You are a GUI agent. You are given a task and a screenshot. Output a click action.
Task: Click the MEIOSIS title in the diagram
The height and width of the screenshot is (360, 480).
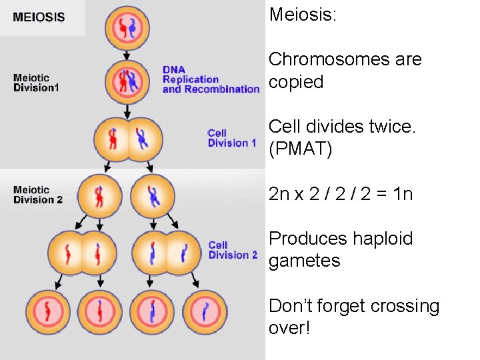click(x=39, y=17)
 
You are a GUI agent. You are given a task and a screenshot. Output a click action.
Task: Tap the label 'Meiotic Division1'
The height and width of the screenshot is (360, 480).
click(x=36, y=83)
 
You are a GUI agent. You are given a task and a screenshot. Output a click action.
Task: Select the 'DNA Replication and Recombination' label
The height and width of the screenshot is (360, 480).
click(x=211, y=79)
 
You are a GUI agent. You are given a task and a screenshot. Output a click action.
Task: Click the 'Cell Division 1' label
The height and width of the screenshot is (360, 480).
click(x=231, y=138)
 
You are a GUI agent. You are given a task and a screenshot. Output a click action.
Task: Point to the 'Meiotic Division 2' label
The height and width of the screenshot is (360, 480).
click(x=38, y=195)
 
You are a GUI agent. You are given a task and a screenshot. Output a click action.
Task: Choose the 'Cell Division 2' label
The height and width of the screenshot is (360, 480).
click(x=233, y=250)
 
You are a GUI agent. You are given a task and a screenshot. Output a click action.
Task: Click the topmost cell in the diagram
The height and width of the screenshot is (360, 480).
click(x=127, y=29)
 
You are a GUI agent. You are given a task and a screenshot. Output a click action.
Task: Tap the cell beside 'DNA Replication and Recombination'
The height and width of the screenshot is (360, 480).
click(x=127, y=81)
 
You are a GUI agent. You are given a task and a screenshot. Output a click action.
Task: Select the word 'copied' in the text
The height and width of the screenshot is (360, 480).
click(x=296, y=82)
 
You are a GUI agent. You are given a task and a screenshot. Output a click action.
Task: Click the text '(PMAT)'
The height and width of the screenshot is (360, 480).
click(x=300, y=149)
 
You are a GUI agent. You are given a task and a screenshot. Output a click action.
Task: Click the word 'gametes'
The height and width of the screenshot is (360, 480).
click(x=304, y=261)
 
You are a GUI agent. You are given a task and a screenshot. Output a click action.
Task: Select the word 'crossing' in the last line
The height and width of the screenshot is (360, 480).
click(x=406, y=306)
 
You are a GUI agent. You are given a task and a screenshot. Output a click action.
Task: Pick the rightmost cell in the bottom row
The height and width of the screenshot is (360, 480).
click(x=205, y=312)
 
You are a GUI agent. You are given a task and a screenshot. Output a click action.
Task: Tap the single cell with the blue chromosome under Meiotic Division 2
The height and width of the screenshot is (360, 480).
click(x=153, y=196)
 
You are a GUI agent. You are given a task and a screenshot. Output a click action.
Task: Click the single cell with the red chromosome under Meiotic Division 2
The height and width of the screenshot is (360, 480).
click(x=99, y=196)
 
